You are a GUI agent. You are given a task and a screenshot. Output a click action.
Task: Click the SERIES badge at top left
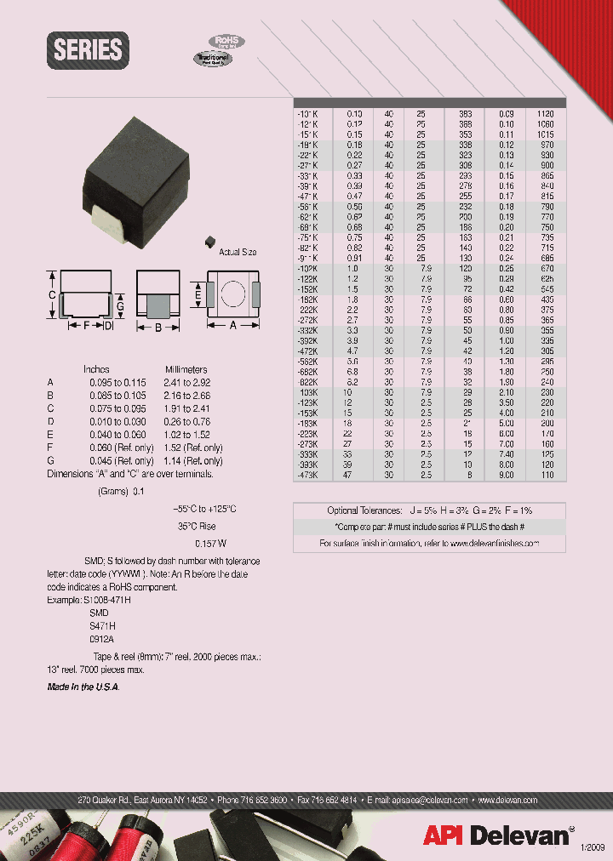[x=89, y=50]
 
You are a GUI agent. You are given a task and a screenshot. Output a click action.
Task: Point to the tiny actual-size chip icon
[x=207, y=242]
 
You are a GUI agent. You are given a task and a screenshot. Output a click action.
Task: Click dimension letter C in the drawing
[x=52, y=294]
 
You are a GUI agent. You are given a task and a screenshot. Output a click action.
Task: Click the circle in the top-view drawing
[x=233, y=294]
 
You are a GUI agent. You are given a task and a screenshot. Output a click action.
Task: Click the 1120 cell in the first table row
[x=546, y=113]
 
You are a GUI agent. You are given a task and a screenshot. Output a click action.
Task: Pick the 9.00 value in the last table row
[x=507, y=475]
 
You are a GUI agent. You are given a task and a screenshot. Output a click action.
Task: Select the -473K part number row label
[x=307, y=475]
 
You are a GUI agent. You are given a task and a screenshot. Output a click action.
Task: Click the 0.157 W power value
[x=210, y=542]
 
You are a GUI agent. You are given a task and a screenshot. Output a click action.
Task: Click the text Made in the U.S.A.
[x=83, y=687]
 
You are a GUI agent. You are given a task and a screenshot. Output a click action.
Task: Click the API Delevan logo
[x=500, y=835]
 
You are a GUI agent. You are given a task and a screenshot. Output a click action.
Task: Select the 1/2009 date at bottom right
[x=593, y=847]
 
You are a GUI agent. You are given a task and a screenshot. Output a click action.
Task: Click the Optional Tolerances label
[x=364, y=510]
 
